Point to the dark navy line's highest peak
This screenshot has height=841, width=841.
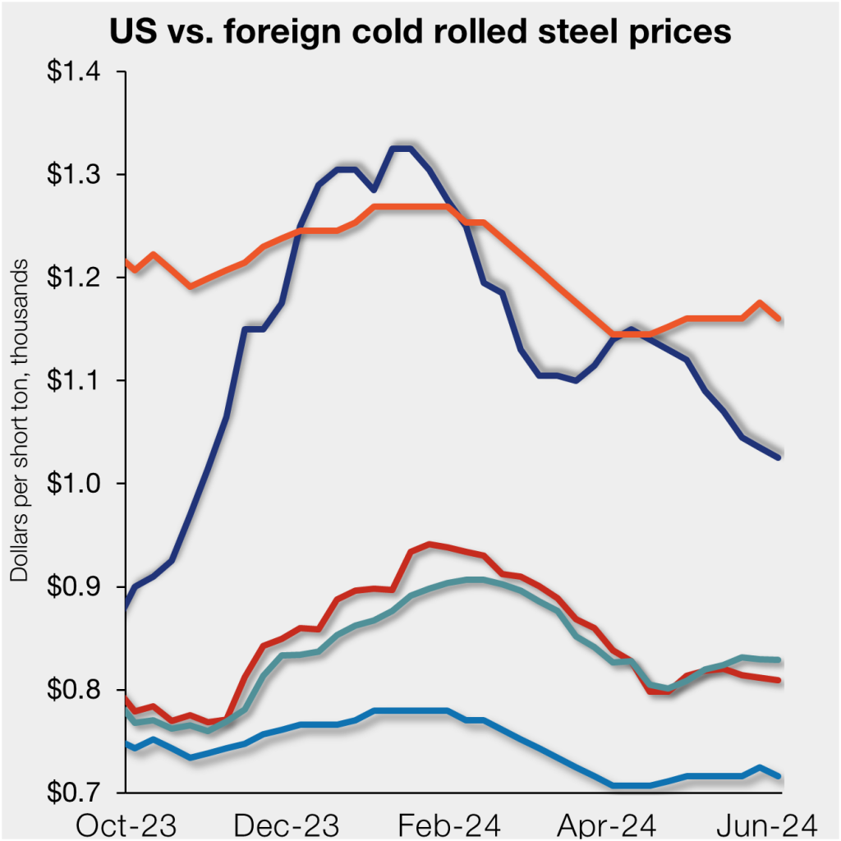coord(402,149)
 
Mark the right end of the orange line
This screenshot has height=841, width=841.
coord(779,319)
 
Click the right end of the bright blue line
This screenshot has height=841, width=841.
coord(779,776)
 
